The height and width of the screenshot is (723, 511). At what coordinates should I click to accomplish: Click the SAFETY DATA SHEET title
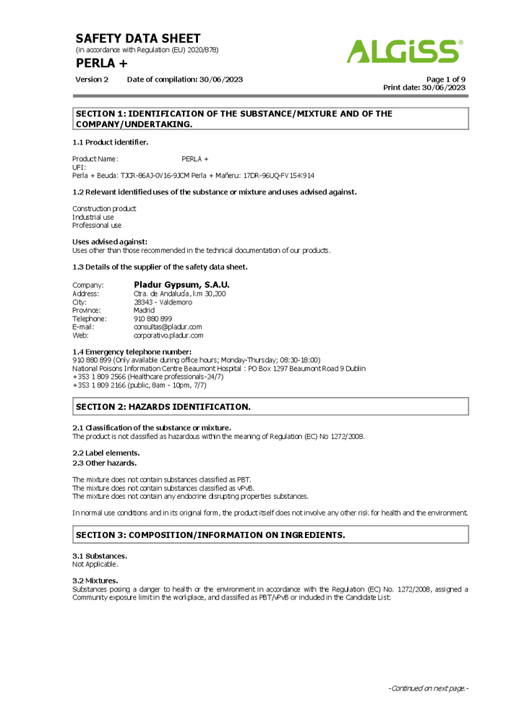coord(138,38)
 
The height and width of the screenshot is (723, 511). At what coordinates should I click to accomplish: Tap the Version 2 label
coord(92,80)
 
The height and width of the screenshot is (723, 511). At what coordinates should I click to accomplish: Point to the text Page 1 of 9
coord(445,80)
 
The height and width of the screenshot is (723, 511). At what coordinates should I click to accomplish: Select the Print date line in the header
coord(424,87)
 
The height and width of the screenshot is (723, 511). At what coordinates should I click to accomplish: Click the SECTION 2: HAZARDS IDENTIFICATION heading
coord(163,407)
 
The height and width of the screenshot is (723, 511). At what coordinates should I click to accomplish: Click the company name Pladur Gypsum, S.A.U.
coord(181,285)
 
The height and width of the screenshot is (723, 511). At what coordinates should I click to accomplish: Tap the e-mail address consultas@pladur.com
coord(168,327)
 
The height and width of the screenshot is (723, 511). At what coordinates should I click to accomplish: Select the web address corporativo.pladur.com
coord(168,335)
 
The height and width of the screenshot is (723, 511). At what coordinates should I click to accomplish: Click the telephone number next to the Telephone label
coord(153,319)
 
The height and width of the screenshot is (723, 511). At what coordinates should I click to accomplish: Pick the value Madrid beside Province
coord(145,310)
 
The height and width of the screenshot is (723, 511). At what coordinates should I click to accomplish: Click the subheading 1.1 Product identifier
coord(111,142)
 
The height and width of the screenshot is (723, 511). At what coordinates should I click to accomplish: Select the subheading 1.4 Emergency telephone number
coord(132,351)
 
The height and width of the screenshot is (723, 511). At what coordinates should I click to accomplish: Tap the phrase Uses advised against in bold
coord(110,241)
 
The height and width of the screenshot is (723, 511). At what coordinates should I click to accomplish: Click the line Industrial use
coord(93,217)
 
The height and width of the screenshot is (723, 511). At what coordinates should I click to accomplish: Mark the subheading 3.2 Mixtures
coord(95,581)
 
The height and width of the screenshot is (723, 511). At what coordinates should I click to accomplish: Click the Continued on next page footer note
coord(429,688)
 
